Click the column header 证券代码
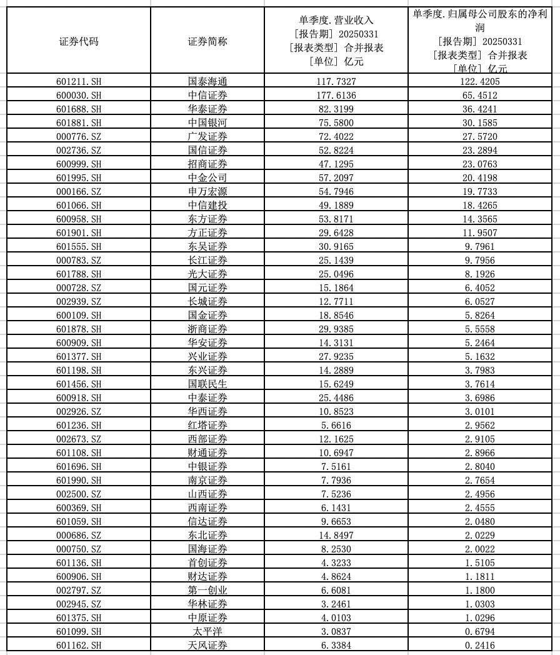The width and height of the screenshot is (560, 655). (79, 42)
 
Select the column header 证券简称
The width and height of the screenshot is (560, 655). (207, 42)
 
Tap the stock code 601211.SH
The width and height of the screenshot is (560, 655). (79, 81)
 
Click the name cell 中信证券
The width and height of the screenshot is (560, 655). (207, 95)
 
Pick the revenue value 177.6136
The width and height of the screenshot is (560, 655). (336, 95)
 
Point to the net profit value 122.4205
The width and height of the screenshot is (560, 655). (479, 81)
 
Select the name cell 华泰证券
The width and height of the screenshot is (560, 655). (207, 109)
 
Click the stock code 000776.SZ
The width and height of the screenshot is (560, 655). (79, 136)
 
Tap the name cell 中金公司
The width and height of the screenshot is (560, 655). (207, 177)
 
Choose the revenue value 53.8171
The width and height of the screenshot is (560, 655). (336, 219)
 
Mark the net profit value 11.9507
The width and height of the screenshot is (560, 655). (479, 232)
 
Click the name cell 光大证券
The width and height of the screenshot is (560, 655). (207, 274)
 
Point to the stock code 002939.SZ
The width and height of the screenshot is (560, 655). (79, 301)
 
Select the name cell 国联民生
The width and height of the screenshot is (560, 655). (207, 384)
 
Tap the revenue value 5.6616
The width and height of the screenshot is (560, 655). (336, 425)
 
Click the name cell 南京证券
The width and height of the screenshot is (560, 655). (207, 480)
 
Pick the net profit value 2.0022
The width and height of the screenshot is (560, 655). (479, 549)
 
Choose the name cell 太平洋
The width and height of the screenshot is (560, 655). (207, 631)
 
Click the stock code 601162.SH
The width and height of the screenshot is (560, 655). (79, 645)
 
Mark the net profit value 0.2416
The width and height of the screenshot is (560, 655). (479, 645)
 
